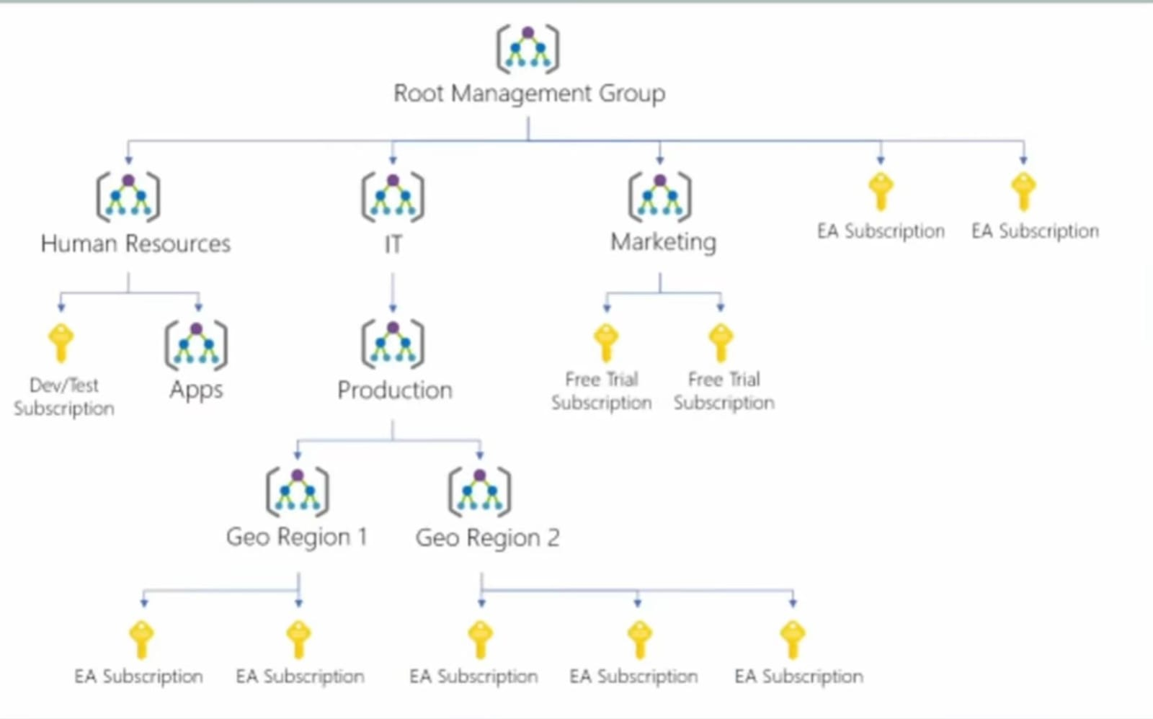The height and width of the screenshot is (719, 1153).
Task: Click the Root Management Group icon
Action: pos(527,49)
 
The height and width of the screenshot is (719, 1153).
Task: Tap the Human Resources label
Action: pos(135,244)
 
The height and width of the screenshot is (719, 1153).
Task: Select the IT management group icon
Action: pos(393,197)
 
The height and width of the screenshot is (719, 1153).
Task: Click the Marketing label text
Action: pos(663,242)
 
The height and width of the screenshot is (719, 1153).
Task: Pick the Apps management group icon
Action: pos(196,344)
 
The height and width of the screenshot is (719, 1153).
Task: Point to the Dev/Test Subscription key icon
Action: pos(61,342)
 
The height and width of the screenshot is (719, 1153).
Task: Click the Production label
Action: pos(395,390)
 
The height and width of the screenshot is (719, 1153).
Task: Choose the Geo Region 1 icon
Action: pos(298,492)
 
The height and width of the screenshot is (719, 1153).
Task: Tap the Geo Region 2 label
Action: pos(487,537)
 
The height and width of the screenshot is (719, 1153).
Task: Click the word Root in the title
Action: pos(418,94)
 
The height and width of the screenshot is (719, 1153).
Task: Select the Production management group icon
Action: pos(393,344)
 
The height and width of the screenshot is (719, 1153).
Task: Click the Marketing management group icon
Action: pos(659,197)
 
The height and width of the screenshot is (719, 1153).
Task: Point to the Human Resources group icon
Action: pos(128,197)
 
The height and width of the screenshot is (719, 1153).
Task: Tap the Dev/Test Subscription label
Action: pos(64,396)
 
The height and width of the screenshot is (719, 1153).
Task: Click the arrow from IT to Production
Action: pos(393,292)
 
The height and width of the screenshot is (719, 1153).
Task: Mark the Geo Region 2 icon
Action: pos(480,492)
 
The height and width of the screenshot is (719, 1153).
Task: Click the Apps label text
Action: pos(196,390)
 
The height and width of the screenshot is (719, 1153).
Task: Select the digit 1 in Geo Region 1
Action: pos(362,537)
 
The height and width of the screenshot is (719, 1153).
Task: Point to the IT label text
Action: pos(393,245)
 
